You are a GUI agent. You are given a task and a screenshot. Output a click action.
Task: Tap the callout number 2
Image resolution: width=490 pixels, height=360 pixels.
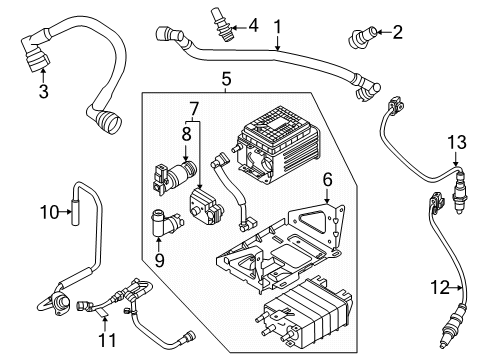pyautogui.click(x=397, y=33)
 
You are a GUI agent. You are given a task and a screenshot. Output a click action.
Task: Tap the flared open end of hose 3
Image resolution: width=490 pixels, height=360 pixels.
pyautogui.click(x=108, y=126)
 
